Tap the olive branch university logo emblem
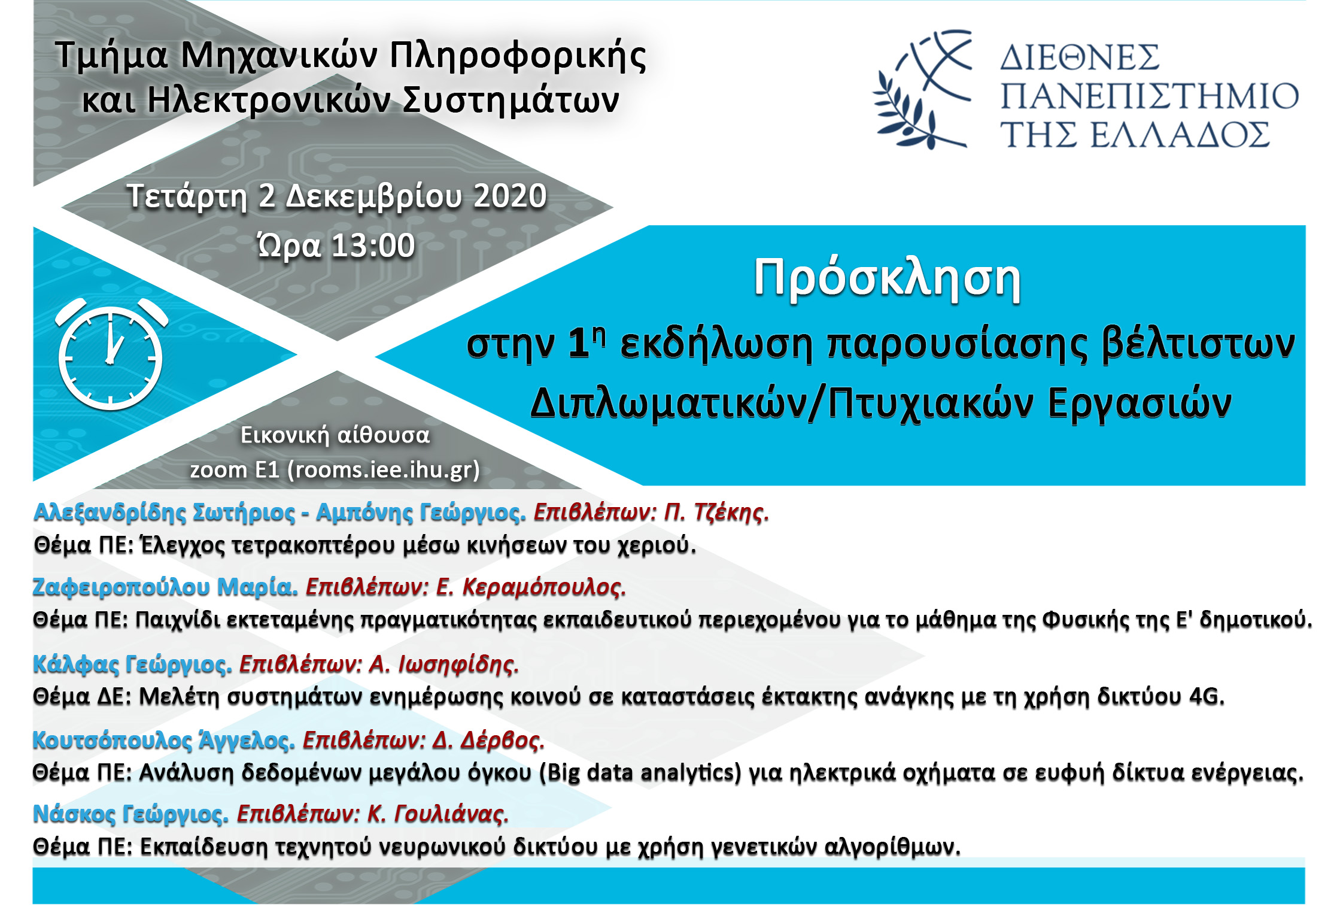click(922, 89)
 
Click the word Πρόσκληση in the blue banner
click(887, 279)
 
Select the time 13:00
click(373, 245)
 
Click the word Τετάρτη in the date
click(187, 197)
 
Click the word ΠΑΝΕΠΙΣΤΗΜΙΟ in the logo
click(1149, 96)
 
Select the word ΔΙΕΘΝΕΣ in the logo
click(1080, 57)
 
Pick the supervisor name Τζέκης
click(731, 512)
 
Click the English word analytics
click(691, 773)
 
